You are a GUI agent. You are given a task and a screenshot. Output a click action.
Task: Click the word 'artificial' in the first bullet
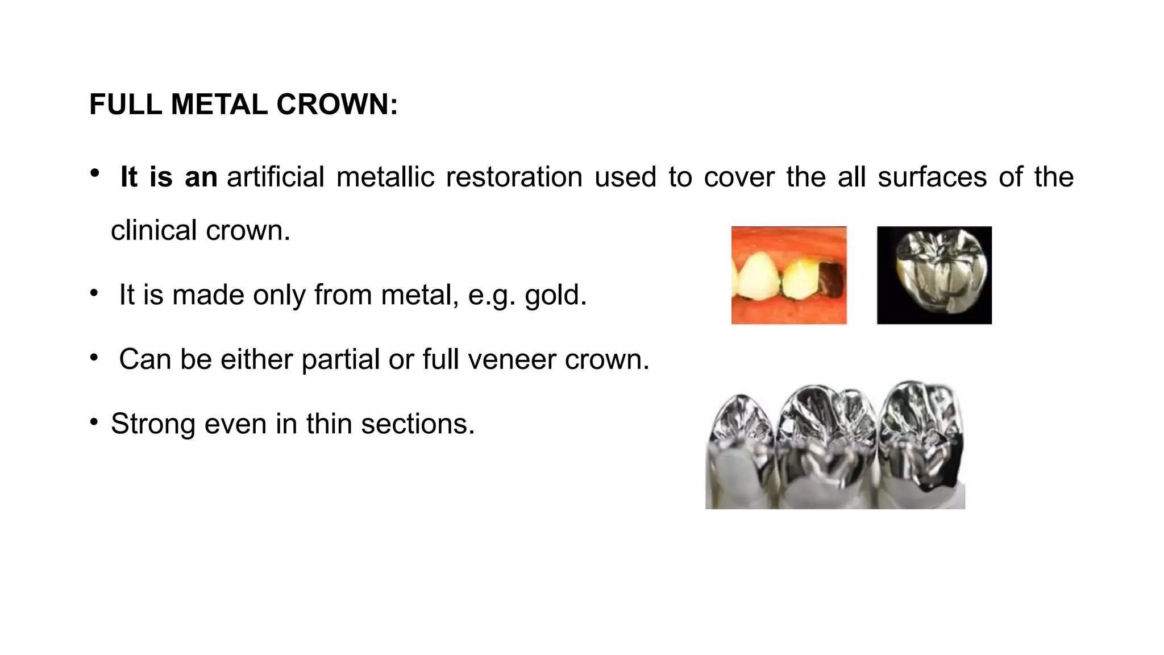tap(276, 177)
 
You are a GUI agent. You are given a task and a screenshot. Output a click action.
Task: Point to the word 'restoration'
tap(514, 177)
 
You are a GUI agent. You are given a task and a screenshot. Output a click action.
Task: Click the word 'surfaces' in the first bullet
tap(932, 177)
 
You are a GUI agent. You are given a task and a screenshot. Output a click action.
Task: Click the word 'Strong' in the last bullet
tap(153, 424)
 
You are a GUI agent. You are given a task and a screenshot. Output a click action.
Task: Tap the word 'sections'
tap(417, 424)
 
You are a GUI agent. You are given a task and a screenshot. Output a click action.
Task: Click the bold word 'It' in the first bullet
tap(129, 177)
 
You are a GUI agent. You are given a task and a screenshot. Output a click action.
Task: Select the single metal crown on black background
tap(934, 276)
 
